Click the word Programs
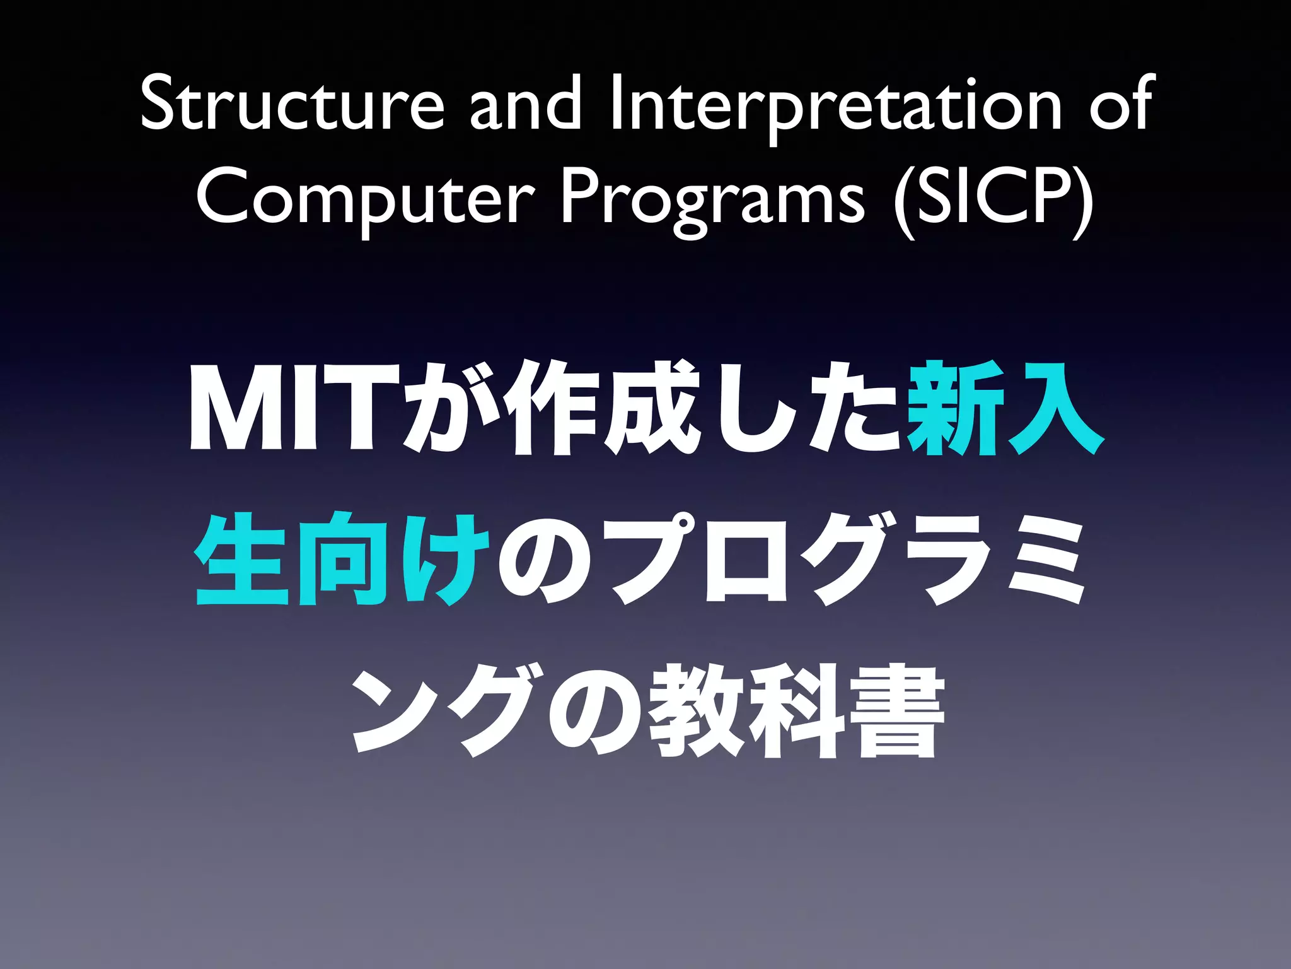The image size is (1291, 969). pos(712,197)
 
